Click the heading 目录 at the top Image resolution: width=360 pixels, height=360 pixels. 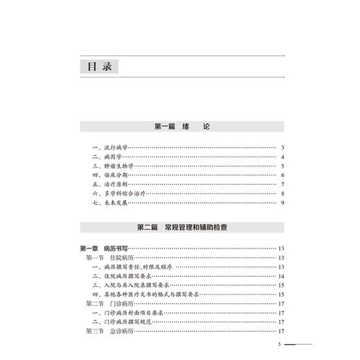click(x=98, y=66)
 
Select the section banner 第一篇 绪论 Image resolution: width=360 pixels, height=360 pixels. click(x=182, y=127)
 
